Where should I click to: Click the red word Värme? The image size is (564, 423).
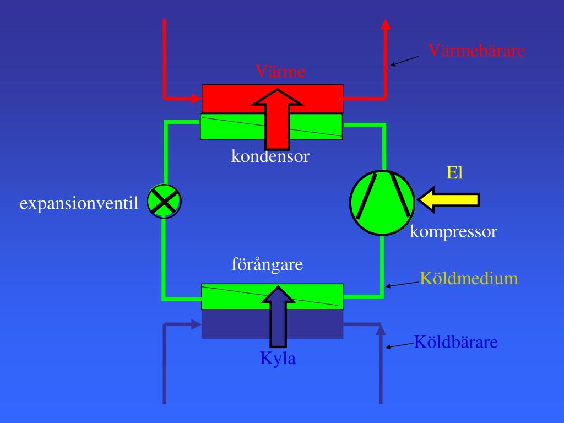280,72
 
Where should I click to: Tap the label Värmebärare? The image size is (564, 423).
477,51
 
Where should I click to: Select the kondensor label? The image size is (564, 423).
270,156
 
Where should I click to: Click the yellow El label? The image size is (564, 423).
454,173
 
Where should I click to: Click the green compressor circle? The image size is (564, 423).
382,203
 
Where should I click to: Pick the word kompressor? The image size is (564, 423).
453,232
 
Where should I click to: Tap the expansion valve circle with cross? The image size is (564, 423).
164,201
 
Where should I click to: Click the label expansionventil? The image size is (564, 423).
79,204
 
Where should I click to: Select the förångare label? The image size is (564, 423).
267,265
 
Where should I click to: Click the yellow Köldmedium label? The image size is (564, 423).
469,278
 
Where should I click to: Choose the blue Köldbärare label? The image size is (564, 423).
455,342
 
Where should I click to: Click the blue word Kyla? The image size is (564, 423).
278,359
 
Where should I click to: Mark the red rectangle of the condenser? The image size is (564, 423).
231,98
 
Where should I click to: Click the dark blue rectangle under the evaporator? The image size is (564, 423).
231,325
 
